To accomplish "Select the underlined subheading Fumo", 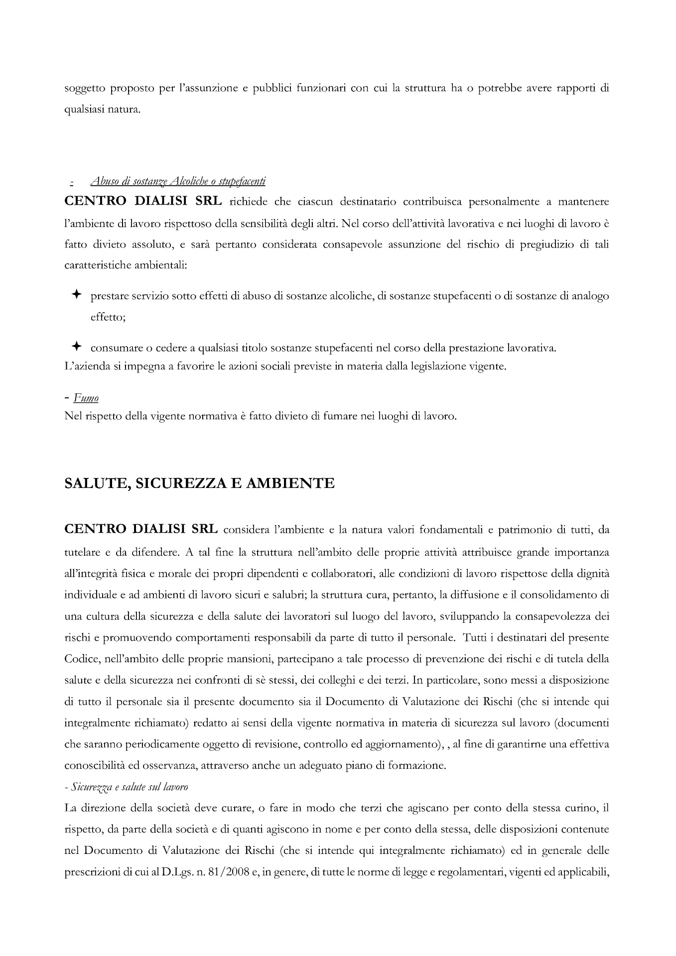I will pyautogui.click(x=86, y=398).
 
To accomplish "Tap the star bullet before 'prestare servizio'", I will pyautogui.click(x=76, y=295).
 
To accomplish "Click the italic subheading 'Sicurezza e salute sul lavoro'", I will pyautogui.click(x=130, y=787).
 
